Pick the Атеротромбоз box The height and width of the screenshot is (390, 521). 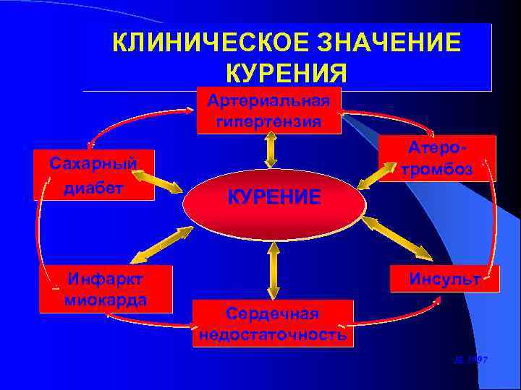point(437,158)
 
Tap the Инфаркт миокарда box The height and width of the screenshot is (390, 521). point(106,289)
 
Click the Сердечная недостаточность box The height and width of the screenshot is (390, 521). point(273,324)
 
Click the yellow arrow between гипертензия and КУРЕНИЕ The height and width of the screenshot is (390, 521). point(271,151)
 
